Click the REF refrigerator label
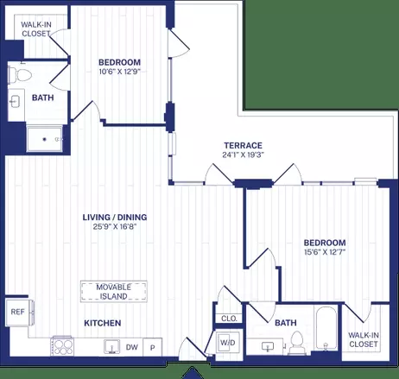(x=17, y=312)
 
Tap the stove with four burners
(x=62, y=346)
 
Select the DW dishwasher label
(x=132, y=347)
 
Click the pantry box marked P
(x=153, y=347)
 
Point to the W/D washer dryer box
(x=228, y=343)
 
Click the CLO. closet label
(x=230, y=319)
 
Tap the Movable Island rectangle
(x=114, y=292)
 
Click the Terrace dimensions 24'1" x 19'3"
(x=244, y=155)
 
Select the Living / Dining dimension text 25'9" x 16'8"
(x=115, y=226)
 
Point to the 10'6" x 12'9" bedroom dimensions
(x=119, y=72)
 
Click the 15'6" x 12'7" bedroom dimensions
(x=325, y=252)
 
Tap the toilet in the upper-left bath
(x=20, y=75)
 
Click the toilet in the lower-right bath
(x=296, y=342)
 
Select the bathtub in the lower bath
(x=326, y=328)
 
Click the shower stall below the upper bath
(x=44, y=139)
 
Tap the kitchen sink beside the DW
(x=112, y=346)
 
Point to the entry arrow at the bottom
(x=192, y=373)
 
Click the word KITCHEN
(x=103, y=323)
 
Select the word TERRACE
(x=244, y=145)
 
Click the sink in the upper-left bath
(x=14, y=101)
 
